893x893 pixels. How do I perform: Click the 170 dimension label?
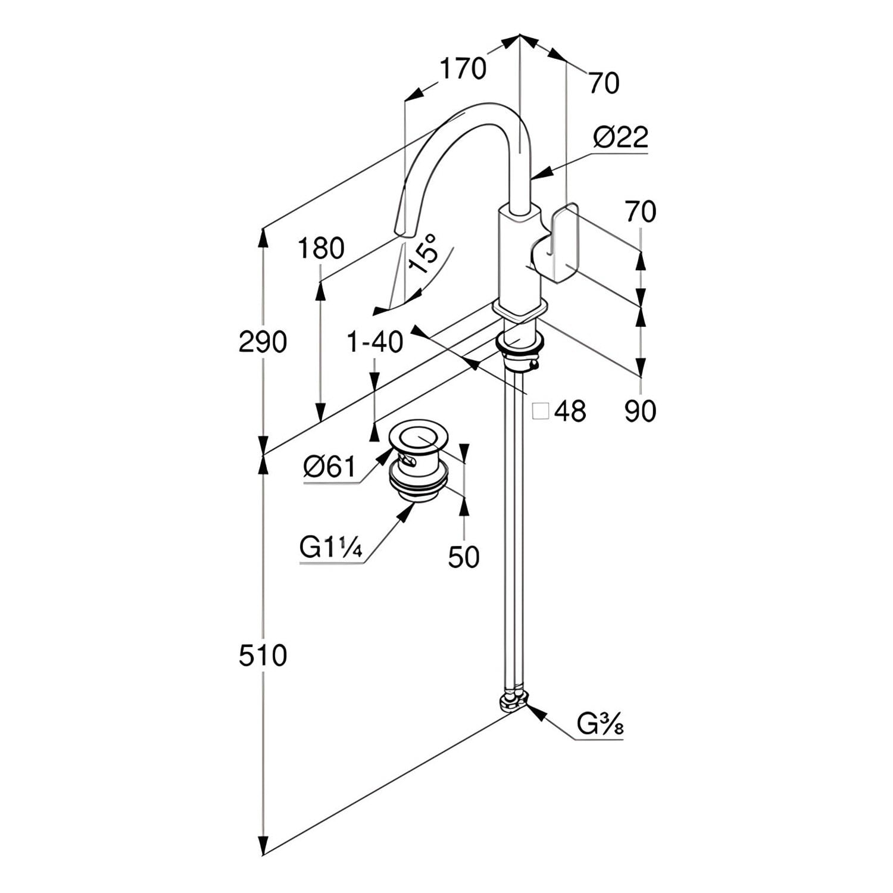point(463,68)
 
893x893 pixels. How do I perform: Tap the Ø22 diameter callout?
point(620,138)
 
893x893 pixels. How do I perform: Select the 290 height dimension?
point(263,342)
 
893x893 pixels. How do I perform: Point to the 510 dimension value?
point(263,656)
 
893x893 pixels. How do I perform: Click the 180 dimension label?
point(321,248)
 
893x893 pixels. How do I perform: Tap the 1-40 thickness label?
point(375,342)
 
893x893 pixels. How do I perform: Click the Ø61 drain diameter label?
point(329,466)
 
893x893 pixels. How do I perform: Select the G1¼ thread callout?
point(330,548)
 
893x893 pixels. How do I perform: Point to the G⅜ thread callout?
point(600,725)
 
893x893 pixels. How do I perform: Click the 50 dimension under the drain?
point(463,557)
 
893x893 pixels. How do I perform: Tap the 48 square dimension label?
point(570,411)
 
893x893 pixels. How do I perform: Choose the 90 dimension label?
point(640,411)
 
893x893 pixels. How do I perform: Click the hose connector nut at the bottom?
point(513,701)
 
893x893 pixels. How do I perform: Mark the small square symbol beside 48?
point(541,411)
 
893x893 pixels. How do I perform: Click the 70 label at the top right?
point(604,83)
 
